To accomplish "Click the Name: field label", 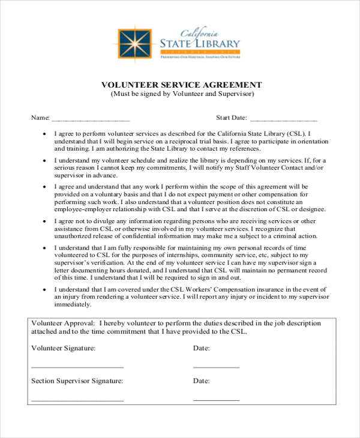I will [x=40, y=117].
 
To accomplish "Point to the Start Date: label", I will [x=231, y=117].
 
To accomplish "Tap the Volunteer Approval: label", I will [x=63, y=323].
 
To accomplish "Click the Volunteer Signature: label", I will [x=63, y=348].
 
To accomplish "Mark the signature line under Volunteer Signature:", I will [x=77, y=366].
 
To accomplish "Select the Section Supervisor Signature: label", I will [x=77, y=381].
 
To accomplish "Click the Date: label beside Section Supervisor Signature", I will [x=201, y=381].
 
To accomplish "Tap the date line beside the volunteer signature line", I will [x=216, y=366].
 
